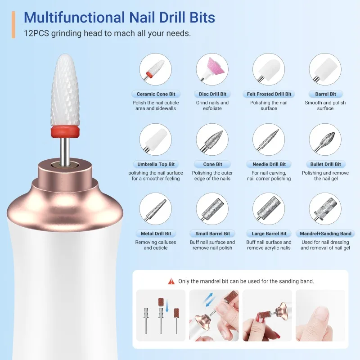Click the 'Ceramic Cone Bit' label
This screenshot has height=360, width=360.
click(156, 94)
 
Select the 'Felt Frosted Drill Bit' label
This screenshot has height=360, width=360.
click(269, 94)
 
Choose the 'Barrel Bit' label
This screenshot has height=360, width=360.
click(325, 94)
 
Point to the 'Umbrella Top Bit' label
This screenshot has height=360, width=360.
click(156, 164)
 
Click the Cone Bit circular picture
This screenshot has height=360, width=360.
click(212, 140)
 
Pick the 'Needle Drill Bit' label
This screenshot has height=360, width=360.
click(269, 164)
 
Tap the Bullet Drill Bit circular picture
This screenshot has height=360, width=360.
click(325, 140)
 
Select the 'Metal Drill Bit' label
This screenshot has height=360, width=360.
click(156, 234)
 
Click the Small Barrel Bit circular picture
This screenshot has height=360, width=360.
click(212, 209)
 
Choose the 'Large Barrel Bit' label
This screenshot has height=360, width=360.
click(269, 234)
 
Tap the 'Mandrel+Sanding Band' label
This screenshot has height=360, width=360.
click(325, 234)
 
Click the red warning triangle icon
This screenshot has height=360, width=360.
click(171, 281)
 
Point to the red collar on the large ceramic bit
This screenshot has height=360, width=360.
click(66, 132)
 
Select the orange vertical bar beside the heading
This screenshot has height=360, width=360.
click(13, 24)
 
